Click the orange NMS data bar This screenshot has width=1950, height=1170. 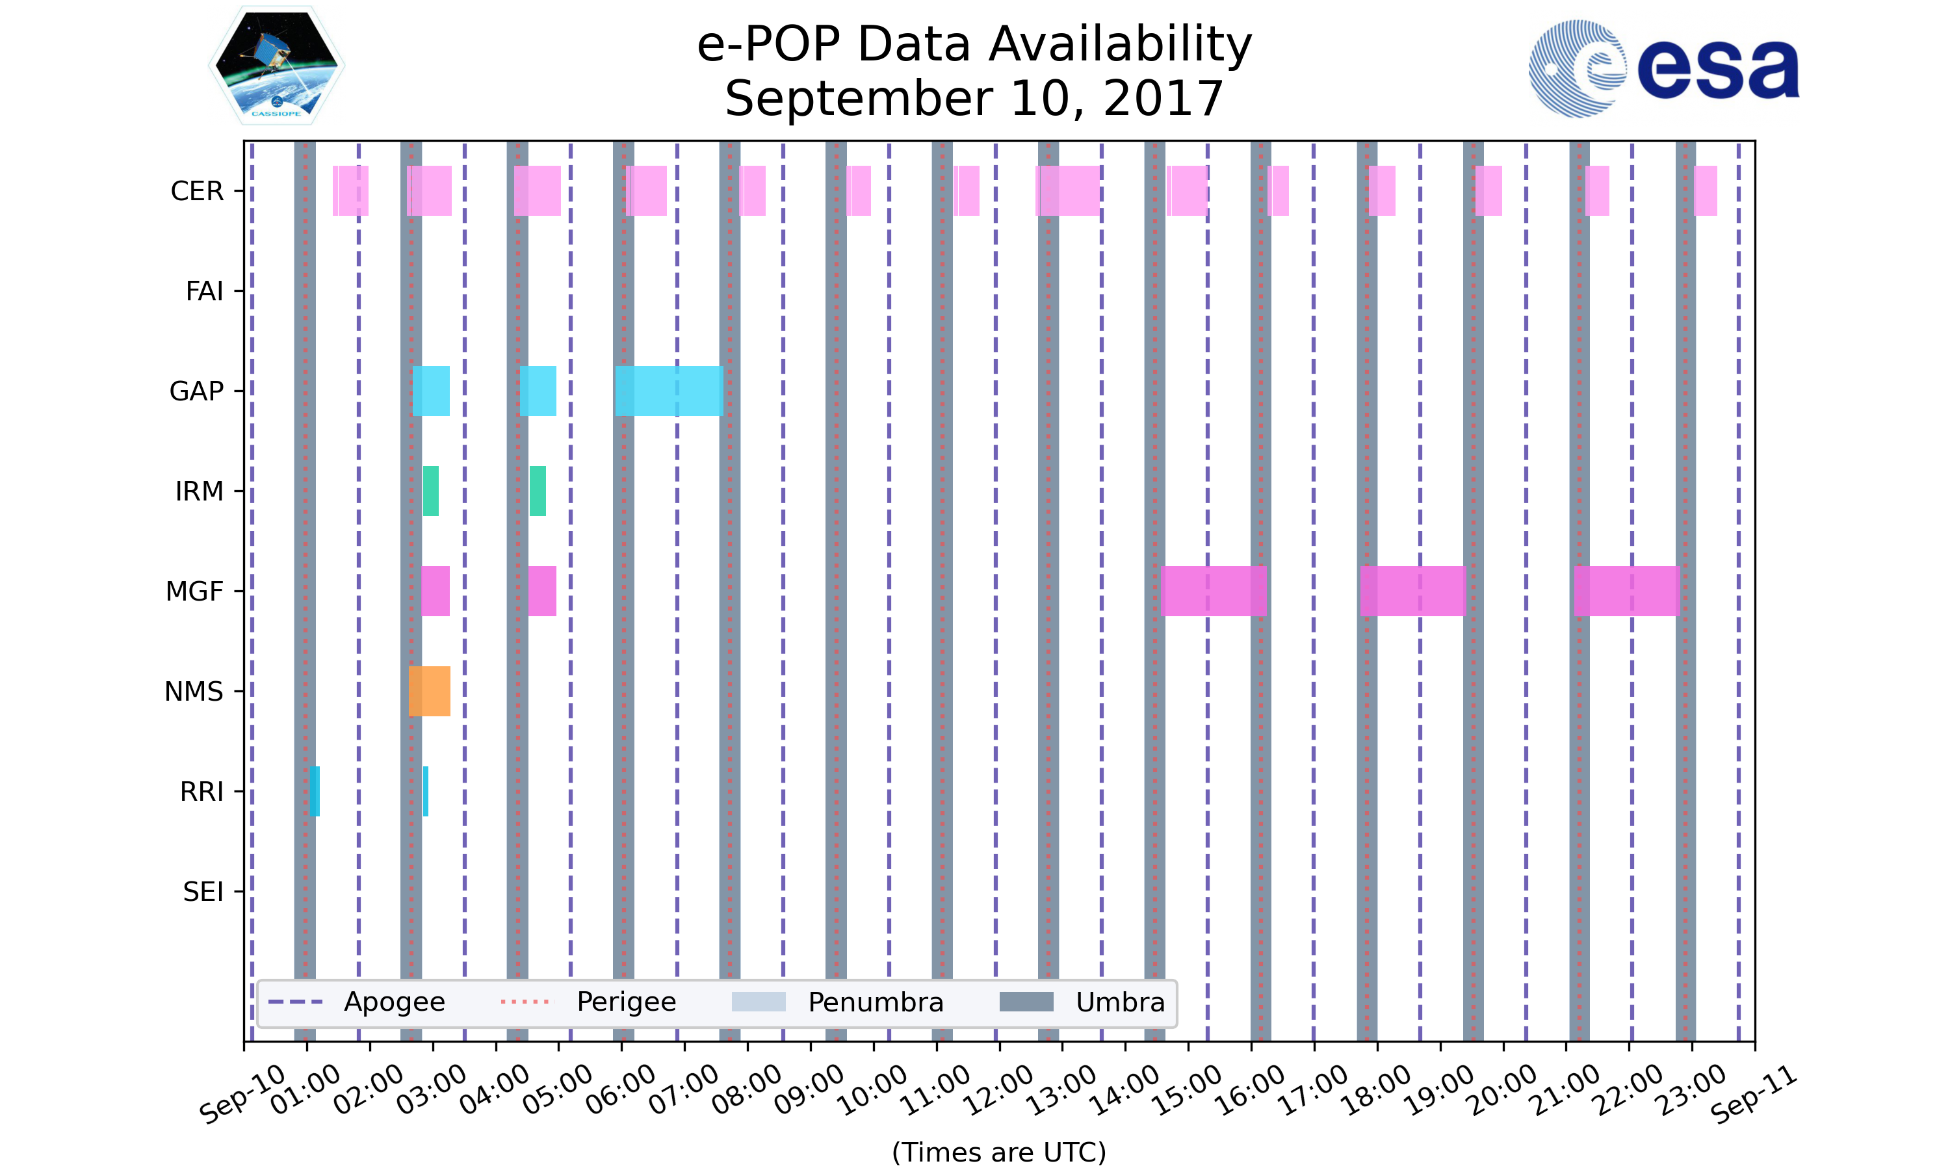[430, 692]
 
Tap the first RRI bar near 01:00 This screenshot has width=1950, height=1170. [315, 791]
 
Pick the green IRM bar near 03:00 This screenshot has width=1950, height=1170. [430, 491]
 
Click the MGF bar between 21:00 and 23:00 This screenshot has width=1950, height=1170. [1626, 591]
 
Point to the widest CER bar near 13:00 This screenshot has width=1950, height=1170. [1067, 191]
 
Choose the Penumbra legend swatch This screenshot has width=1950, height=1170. [759, 1002]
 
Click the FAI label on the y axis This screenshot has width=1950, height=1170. [204, 292]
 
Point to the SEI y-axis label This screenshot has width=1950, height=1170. [203, 892]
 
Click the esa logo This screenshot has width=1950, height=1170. [1663, 70]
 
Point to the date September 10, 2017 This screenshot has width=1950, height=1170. [974, 99]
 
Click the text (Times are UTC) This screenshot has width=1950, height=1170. [998, 1152]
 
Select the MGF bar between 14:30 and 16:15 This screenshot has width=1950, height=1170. [1214, 591]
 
